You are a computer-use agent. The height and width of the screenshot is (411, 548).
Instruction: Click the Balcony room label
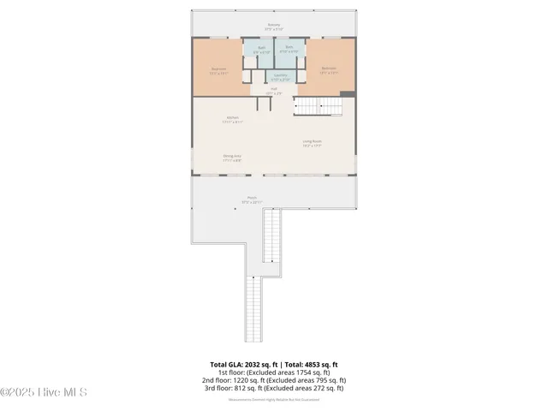273,27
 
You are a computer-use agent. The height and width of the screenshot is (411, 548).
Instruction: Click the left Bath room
261,51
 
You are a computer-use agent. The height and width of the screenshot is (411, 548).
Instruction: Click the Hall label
274,90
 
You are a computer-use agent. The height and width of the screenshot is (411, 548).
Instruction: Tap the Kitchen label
232,119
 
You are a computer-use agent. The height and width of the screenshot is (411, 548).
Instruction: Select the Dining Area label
232,158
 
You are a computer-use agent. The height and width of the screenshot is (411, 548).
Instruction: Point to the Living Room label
312,143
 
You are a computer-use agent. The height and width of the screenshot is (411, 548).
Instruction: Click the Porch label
240,200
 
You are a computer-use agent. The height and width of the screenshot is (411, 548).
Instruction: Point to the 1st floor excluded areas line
274,372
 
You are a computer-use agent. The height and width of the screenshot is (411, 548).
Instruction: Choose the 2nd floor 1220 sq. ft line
274,380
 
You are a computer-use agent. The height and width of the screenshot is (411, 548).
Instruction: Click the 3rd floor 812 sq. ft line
274,388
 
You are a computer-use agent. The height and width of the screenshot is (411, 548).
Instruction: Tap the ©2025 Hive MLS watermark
44,393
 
